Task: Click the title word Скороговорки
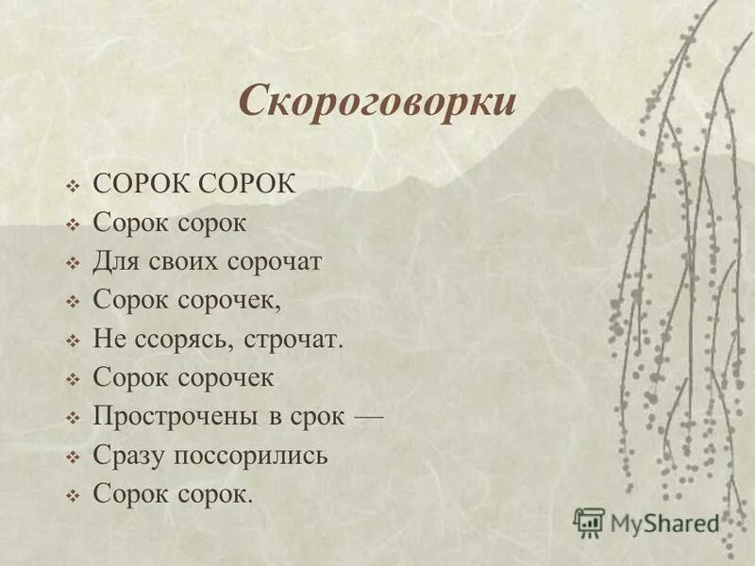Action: (x=377, y=101)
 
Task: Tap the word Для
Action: (x=114, y=261)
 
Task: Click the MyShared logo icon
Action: (x=589, y=522)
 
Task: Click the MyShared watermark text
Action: (x=664, y=523)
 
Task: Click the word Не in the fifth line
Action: (x=108, y=339)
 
